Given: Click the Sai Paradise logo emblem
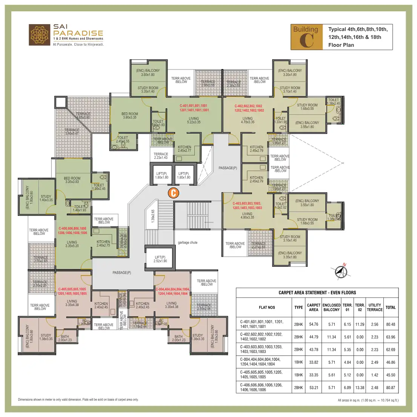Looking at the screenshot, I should tap(40, 35).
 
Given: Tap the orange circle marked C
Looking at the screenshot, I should tap(173, 193).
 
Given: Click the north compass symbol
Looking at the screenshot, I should tap(340, 272).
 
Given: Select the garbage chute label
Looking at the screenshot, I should tap(188, 243).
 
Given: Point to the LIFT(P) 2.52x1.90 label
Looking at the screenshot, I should tap(160, 259).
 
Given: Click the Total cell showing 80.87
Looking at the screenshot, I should tap(391, 388).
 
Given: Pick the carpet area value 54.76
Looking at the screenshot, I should tap(314, 324).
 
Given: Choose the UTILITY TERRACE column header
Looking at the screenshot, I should tap(375, 307).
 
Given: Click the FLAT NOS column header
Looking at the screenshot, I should tap(267, 307).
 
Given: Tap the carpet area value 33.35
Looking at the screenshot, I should tap(314, 375).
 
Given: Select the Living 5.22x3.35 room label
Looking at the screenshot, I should tap(194, 120).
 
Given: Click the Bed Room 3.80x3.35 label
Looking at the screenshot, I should tap(130, 115).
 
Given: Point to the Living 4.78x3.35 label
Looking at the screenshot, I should tap(248, 120).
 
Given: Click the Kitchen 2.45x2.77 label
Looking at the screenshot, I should tap(185, 149).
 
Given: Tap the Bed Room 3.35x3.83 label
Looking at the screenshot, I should tap(72, 180).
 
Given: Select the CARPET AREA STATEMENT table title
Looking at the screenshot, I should tap(317, 292).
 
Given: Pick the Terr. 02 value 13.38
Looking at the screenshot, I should tap(360, 388).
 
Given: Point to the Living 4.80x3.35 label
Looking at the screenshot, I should tap(248, 215).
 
